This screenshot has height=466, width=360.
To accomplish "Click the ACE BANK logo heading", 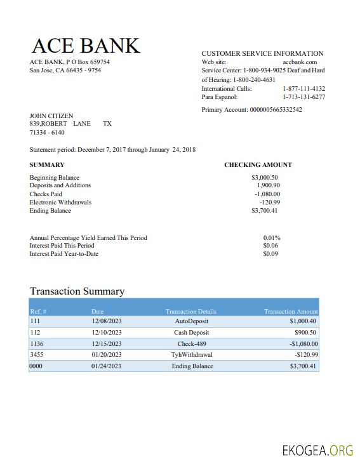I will pyautogui.click(x=86, y=45).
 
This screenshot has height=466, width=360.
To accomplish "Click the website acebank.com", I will pyautogui.click(x=300, y=62).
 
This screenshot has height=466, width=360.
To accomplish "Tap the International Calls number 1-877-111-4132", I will pyautogui.click(x=303, y=89).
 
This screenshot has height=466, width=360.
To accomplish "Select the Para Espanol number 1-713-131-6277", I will pyautogui.click(x=303, y=97).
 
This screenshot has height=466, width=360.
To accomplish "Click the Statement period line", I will pyautogui.click(x=112, y=150).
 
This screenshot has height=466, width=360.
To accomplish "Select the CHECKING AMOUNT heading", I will pyautogui.click(x=258, y=165).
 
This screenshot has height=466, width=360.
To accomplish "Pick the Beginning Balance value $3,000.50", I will pyautogui.click(x=265, y=178).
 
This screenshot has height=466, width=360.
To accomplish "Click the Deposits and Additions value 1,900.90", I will pyautogui.click(x=268, y=185).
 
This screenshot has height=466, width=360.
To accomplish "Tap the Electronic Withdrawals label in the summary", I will pyautogui.click(x=60, y=203).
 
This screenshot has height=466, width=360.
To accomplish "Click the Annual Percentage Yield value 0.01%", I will pyautogui.click(x=272, y=238).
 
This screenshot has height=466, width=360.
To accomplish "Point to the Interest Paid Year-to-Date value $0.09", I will pyautogui.click(x=271, y=254).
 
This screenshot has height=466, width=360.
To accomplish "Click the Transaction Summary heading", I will pyautogui.click(x=77, y=291).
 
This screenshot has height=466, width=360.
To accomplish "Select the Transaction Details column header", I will pyautogui.click(x=190, y=312).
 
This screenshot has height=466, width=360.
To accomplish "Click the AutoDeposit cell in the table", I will pyautogui.click(x=191, y=321).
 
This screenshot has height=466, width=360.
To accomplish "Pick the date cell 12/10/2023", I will pyautogui.click(x=106, y=333).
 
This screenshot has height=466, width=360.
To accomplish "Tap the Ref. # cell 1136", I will pyautogui.click(x=37, y=343).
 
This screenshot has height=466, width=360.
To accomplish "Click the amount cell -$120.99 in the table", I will pyautogui.click(x=307, y=355).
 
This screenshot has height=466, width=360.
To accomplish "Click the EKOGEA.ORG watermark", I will pyautogui.click(x=317, y=451).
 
